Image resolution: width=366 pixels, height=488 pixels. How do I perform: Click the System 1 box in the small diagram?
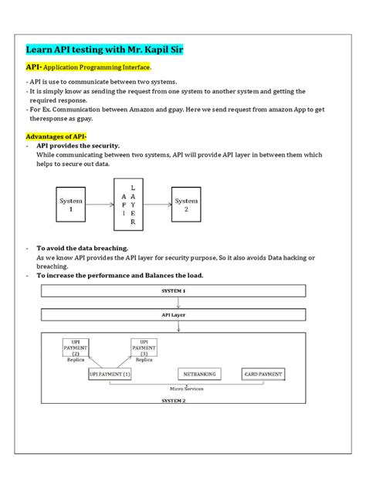tap(71, 205)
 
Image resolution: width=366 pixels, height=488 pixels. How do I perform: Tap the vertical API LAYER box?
tap(130, 205)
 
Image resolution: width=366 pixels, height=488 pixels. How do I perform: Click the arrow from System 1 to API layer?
tap(101, 205)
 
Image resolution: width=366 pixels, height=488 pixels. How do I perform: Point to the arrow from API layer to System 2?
tap(158, 205)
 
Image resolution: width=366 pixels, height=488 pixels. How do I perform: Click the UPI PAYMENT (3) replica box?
tap(144, 347)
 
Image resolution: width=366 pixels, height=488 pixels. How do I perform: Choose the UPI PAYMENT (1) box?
tap(110, 374)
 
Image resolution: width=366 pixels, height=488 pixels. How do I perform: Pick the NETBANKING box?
tap(199, 374)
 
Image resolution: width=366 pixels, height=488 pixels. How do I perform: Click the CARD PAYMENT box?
tap(263, 374)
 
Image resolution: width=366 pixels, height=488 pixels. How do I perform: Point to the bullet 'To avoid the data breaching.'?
tap(83, 249)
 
